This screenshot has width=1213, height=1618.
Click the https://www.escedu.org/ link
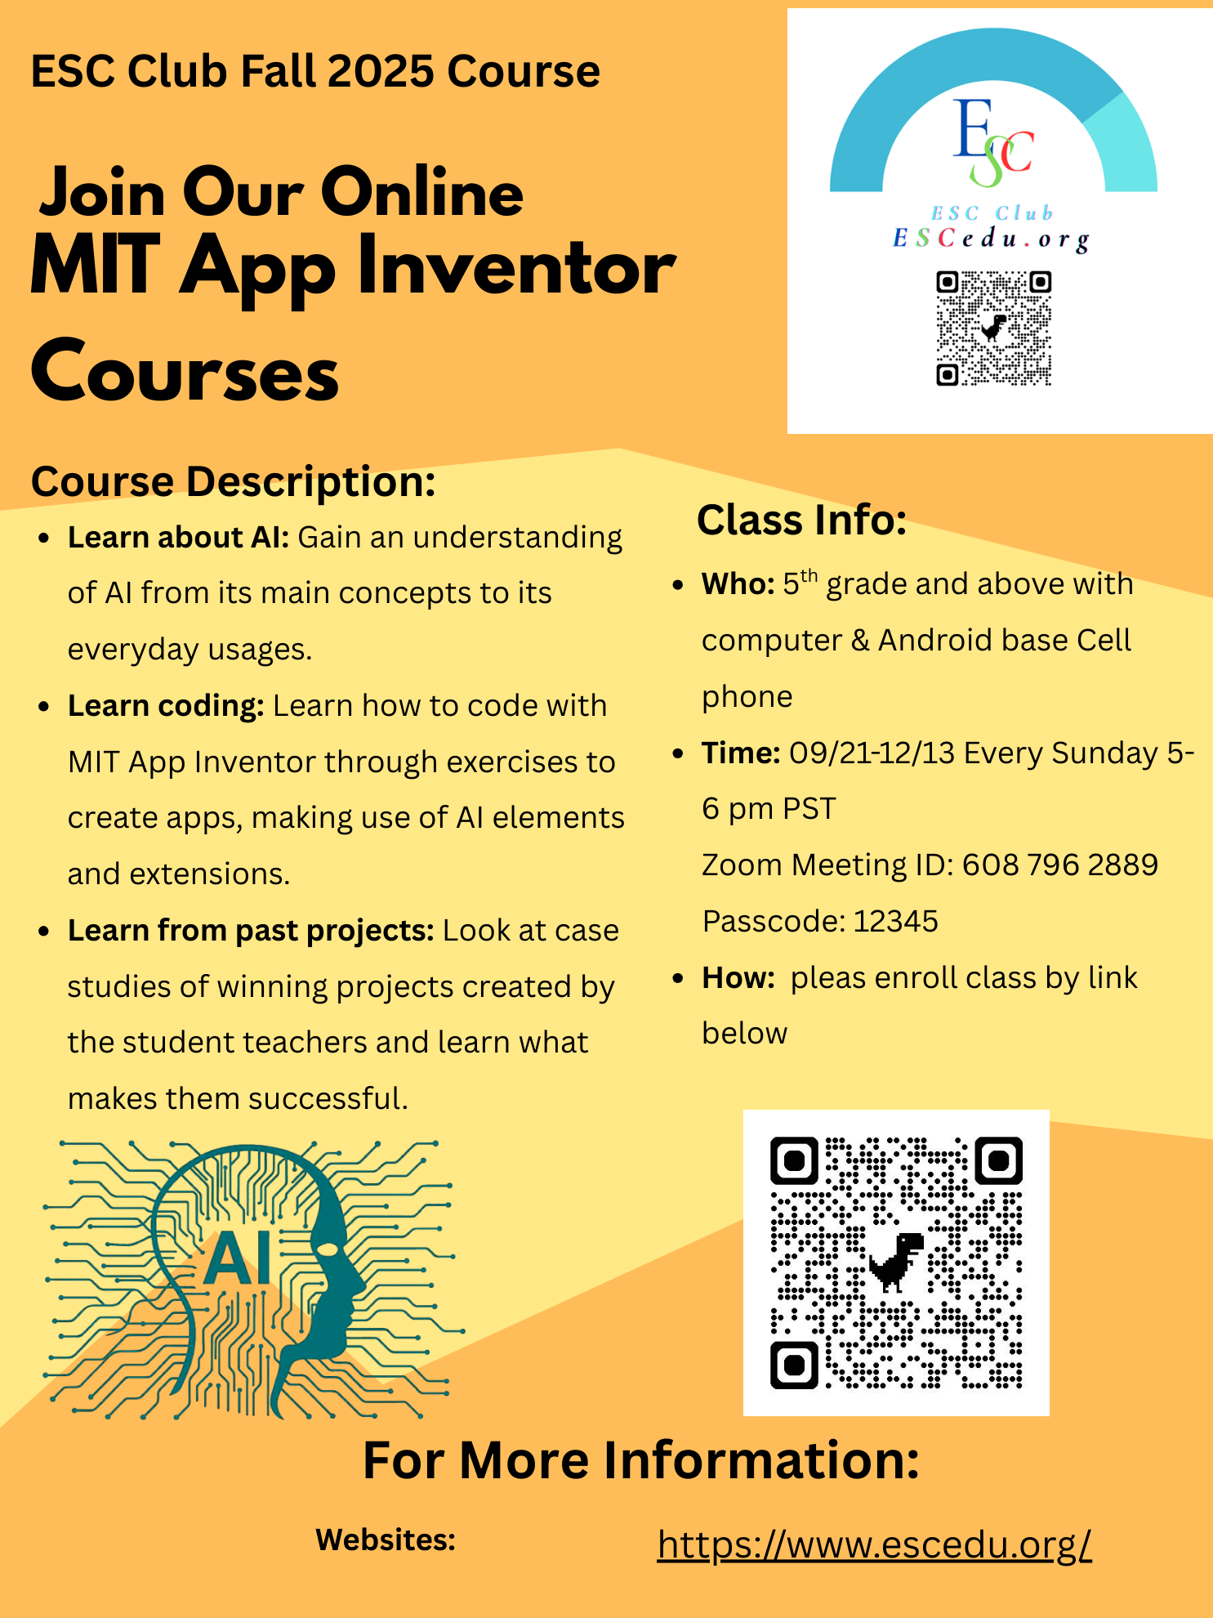(x=874, y=1544)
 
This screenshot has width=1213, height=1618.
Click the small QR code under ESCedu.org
(x=993, y=329)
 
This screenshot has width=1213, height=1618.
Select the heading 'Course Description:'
(x=234, y=481)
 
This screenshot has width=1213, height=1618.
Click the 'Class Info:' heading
(x=801, y=520)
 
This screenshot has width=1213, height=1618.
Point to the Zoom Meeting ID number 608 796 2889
(x=1059, y=865)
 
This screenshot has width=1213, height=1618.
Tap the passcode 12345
(x=895, y=921)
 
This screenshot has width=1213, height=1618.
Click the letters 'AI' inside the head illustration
(x=238, y=1258)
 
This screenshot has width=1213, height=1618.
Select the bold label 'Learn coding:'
(x=166, y=705)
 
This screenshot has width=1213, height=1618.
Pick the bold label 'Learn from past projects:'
(x=251, y=930)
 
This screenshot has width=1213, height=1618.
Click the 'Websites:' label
(x=386, y=1540)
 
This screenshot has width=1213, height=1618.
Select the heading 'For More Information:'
(x=641, y=1460)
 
